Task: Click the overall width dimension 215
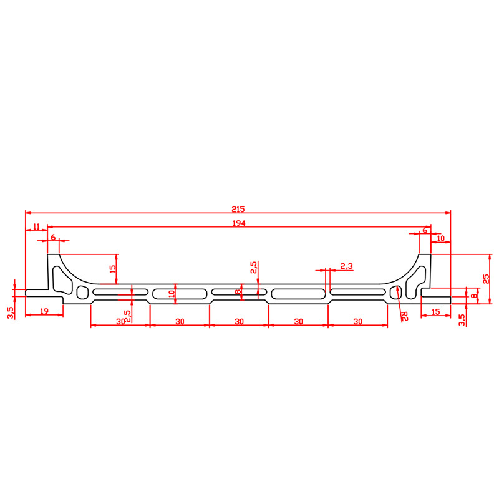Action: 238,210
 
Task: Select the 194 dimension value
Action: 239,223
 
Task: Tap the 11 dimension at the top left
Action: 36,226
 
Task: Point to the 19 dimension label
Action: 44,311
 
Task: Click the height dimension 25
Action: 487,279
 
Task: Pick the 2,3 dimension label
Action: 347,266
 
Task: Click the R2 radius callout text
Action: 404,316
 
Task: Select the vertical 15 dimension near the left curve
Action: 113,268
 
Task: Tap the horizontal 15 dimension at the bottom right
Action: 435,312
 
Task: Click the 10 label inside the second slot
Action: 172,293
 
